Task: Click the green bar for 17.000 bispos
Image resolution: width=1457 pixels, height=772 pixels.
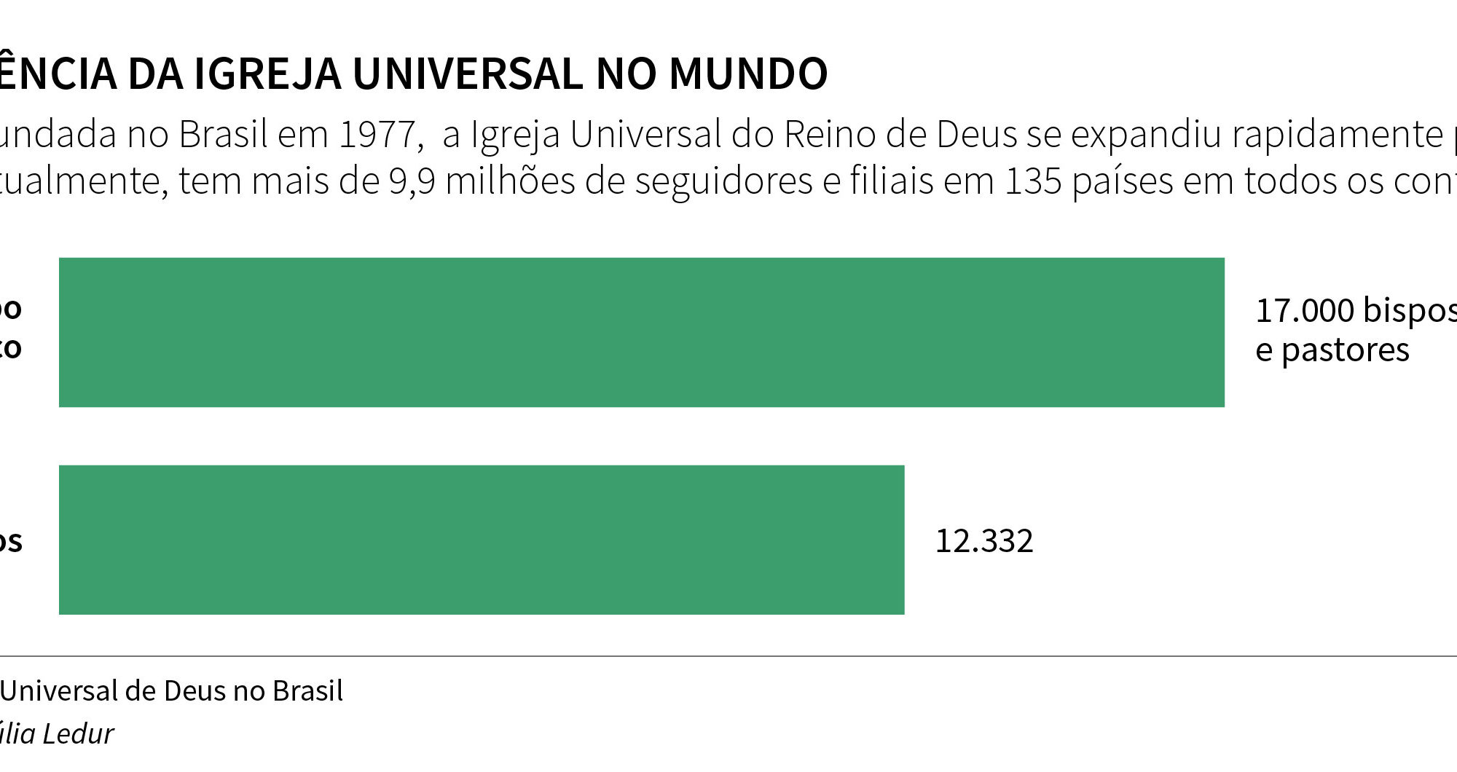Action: [x=641, y=332]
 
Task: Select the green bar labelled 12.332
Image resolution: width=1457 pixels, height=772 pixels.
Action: [x=481, y=540]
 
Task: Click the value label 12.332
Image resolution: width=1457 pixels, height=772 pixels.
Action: [x=983, y=541]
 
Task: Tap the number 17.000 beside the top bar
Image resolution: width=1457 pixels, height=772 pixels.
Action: [x=1304, y=310]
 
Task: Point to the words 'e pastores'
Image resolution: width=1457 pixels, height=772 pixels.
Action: [x=1332, y=350]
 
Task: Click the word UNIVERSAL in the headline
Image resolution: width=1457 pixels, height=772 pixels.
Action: [x=468, y=74]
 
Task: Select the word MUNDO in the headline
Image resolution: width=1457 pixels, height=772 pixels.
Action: [x=747, y=74]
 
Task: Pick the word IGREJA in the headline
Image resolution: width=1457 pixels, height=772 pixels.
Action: [x=267, y=74]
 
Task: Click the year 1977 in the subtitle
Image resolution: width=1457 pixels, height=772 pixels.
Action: [x=377, y=135]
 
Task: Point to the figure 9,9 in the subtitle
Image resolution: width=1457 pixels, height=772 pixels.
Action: [x=412, y=181]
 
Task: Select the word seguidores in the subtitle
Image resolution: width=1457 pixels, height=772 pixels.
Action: [x=723, y=181]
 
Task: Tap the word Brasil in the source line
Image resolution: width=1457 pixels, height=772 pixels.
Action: [x=307, y=690]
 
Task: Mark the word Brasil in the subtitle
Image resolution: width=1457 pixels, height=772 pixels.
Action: [x=223, y=135]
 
